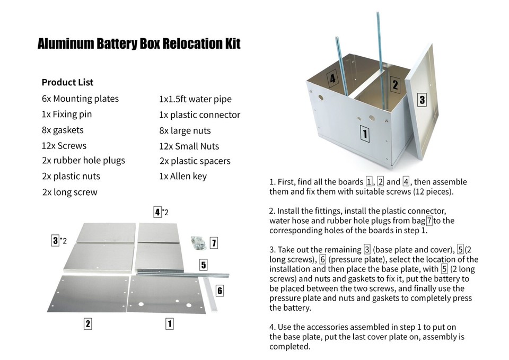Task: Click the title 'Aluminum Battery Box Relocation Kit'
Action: click(139, 43)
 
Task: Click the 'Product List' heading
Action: click(67, 82)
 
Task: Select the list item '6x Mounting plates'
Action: click(80, 99)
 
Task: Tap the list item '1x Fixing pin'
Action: click(66, 114)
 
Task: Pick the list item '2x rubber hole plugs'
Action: click(83, 161)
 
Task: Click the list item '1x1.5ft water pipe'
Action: click(195, 99)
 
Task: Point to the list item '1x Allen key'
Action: click(183, 176)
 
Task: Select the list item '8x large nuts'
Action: click(185, 130)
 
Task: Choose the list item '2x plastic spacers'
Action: click(195, 161)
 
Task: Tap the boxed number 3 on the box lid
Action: click(422, 100)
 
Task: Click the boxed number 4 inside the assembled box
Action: click(332, 80)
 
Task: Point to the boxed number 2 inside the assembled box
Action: click(394, 84)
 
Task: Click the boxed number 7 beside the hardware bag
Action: click(214, 243)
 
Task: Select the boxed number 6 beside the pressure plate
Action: click(220, 290)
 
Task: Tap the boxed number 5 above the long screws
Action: click(203, 265)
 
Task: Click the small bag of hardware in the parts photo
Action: click(199, 242)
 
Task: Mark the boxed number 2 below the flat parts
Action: click(87, 323)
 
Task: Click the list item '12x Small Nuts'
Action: click(189, 146)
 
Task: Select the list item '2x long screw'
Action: click(69, 192)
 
